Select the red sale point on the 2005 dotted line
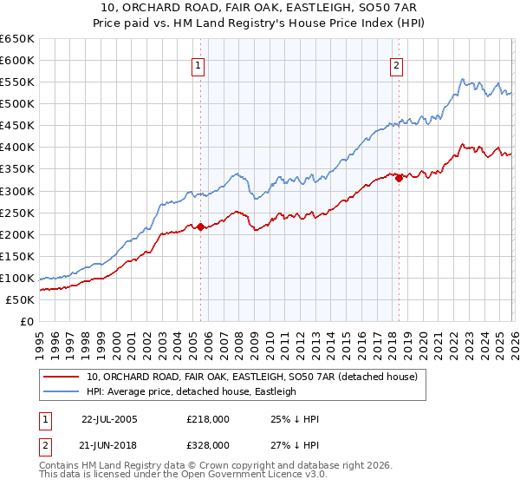pos(200,227)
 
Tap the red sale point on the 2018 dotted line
pos(399,178)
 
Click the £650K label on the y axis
pos(17,39)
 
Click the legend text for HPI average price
pos(191,392)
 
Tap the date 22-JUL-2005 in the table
pos(109,419)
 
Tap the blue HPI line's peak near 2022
pos(463,79)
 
